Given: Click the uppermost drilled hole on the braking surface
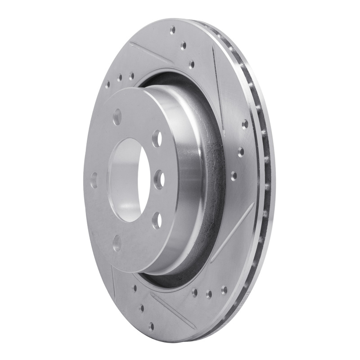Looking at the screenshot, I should tap(173, 31).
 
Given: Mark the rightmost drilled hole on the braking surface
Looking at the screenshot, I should tap(245, 124).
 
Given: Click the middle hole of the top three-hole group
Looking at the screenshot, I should tap(183, 45).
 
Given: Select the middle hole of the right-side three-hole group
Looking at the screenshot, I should tap(240, 151).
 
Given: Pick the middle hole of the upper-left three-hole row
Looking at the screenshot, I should tap(120, 79).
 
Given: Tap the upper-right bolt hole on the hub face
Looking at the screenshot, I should tap(156, 138).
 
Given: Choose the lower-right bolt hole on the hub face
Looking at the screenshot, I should tap(156, 220).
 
